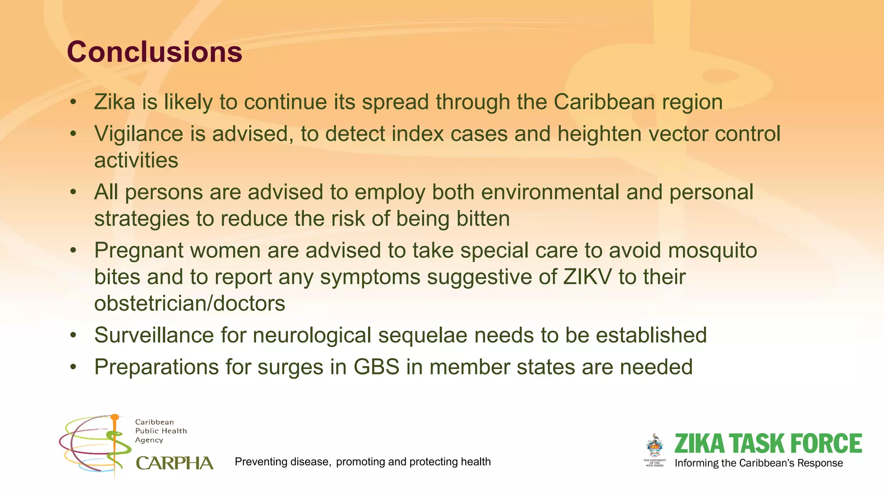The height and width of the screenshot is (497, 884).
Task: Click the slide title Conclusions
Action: (x=155, y=52)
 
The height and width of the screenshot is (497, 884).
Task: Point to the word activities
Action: (x=136, y=160)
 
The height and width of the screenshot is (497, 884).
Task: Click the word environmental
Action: (x=550, y=192)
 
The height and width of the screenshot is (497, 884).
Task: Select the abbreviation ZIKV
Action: (x=587, y=277)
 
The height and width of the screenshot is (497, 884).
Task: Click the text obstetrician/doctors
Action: (x=189, y=304)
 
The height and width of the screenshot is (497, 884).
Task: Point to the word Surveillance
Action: (x=154, y=336)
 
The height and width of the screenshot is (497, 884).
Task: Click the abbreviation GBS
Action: (x=376, y=368)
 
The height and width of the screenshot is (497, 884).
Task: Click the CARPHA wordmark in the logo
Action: (x=174, y=463)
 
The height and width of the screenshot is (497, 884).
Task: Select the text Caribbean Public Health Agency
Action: (x=161, y=431)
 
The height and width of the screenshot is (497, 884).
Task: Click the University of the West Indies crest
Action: (x=655, y=447)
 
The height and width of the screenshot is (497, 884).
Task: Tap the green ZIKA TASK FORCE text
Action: (x=768, y=444)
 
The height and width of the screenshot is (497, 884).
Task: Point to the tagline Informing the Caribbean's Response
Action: (x=758, y=463)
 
